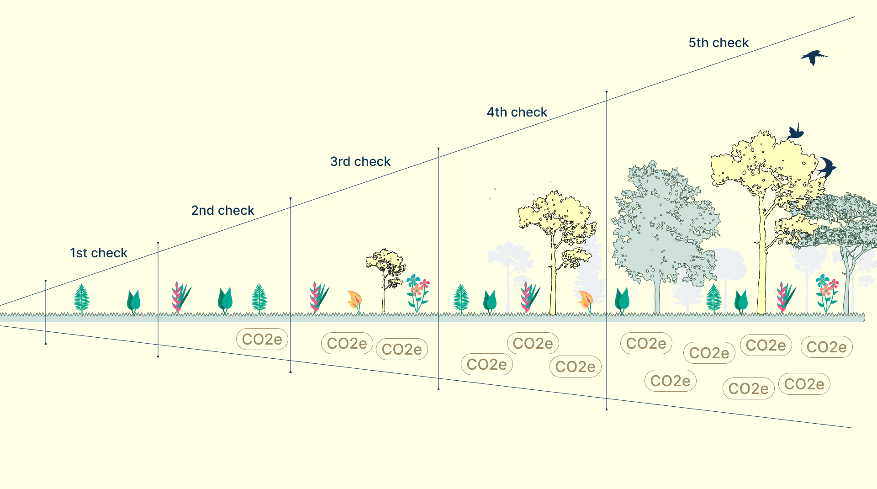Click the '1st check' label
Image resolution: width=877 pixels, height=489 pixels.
[99, 253]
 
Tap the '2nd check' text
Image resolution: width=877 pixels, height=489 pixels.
[222, 211]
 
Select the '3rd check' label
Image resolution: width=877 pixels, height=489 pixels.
[360, 162]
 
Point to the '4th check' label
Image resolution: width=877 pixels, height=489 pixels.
[517, 112]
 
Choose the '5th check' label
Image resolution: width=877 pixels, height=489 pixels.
[719, 43]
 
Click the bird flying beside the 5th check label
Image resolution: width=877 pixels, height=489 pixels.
[814, 58]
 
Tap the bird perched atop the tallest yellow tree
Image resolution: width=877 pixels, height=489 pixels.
[795, 133]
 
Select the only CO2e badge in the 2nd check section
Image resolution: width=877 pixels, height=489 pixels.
[262, 340]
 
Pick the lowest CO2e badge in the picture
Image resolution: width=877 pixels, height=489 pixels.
[748, 389]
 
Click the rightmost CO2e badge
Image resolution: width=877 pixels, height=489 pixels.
[826, 347]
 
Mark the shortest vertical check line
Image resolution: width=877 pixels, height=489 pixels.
[46, 312]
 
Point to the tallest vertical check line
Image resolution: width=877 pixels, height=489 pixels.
[607, 250]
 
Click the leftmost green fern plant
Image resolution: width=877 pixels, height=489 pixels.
[82, 298]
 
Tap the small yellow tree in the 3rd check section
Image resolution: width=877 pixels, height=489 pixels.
[385, 274]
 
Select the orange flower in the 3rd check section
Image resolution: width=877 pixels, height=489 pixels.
[354, 300]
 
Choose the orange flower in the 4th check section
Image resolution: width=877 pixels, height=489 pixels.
[585, 300]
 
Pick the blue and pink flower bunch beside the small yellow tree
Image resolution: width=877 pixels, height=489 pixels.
[417, 292]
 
